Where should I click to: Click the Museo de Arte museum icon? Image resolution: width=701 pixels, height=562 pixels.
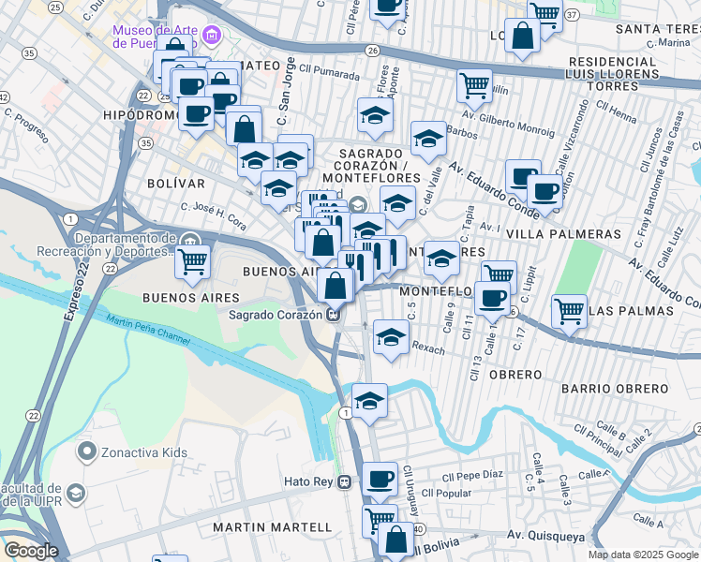point(212,37)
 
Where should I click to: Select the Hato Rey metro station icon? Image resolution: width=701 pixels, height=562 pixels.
point(346,482)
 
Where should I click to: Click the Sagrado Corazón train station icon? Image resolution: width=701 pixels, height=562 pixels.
point(333,315)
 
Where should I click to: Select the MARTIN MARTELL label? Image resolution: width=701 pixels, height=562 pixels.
point(272,527)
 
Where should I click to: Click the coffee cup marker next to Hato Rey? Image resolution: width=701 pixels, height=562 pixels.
point(380,479)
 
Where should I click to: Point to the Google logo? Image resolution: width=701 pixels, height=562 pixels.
point(31,551)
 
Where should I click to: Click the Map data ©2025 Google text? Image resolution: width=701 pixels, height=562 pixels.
point(643,555)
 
